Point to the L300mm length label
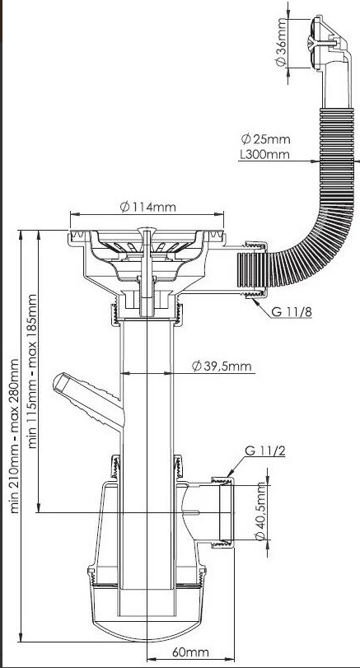[264, 154]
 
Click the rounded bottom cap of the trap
[147, 624]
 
